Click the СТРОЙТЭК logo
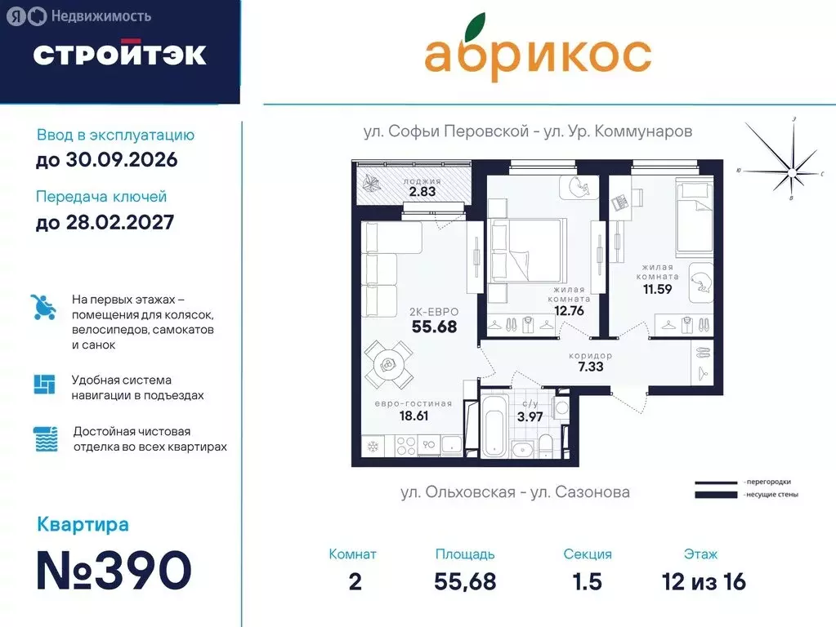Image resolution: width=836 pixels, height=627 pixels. pyautogui.click(x=119, y=54)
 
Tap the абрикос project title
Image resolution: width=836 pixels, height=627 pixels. pyautogui.click(x=537, y=53)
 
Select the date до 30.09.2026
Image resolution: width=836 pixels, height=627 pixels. pyautogui.click(x=106, y=160)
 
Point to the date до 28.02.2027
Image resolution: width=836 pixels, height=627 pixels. pyautogui.click(x=105, y=222)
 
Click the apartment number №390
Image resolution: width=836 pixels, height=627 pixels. pyautogui.click(x=114, y=570)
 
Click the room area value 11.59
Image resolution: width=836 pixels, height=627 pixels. pyautogui.click(x=657, y=288)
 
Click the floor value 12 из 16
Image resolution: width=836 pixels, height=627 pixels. pyautogui.click(x=704, y=581)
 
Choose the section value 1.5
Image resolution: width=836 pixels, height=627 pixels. pyautogui.click(x=587, y=581)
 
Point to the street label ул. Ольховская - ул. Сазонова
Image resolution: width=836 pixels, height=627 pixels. pyautogui.click(x=515, y=492)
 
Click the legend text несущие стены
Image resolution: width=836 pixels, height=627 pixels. pyautogui.click(x=771, y=495)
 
